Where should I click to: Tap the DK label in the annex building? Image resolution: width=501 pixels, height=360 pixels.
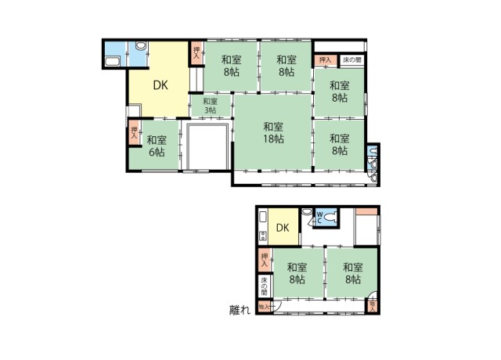click(x=283, y=228)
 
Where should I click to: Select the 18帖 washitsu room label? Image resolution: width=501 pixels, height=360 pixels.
click(x=272, y=132)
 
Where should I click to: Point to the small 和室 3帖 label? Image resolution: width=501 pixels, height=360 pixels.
click(x=210, y=105)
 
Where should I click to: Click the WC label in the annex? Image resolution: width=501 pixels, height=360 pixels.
click(x=319, y=216)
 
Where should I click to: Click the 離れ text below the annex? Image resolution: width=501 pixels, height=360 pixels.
click(x=240, y=311)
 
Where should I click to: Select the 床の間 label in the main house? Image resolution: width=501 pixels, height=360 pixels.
click(x=351, y=60)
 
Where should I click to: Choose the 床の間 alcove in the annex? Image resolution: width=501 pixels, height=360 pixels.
click(x=265, y=286)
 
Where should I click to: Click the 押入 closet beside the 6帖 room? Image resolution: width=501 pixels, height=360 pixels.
click(x=135, y=133)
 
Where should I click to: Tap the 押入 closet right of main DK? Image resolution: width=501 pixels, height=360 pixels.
click(x=196, y=52)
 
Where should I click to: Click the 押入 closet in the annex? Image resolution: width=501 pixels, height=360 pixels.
click(x=265, y=259)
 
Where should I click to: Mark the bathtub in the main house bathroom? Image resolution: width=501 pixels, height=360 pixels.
click(x=112, y=62)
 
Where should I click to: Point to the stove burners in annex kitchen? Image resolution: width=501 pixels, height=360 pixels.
click(x=263, y=235)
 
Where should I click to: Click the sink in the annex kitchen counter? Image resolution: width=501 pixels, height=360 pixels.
click(x=263, y=217)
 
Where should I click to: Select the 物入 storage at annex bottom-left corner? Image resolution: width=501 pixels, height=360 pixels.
click(x=264, y=307)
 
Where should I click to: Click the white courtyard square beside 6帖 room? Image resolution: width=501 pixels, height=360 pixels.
click(x=207, y=146)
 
